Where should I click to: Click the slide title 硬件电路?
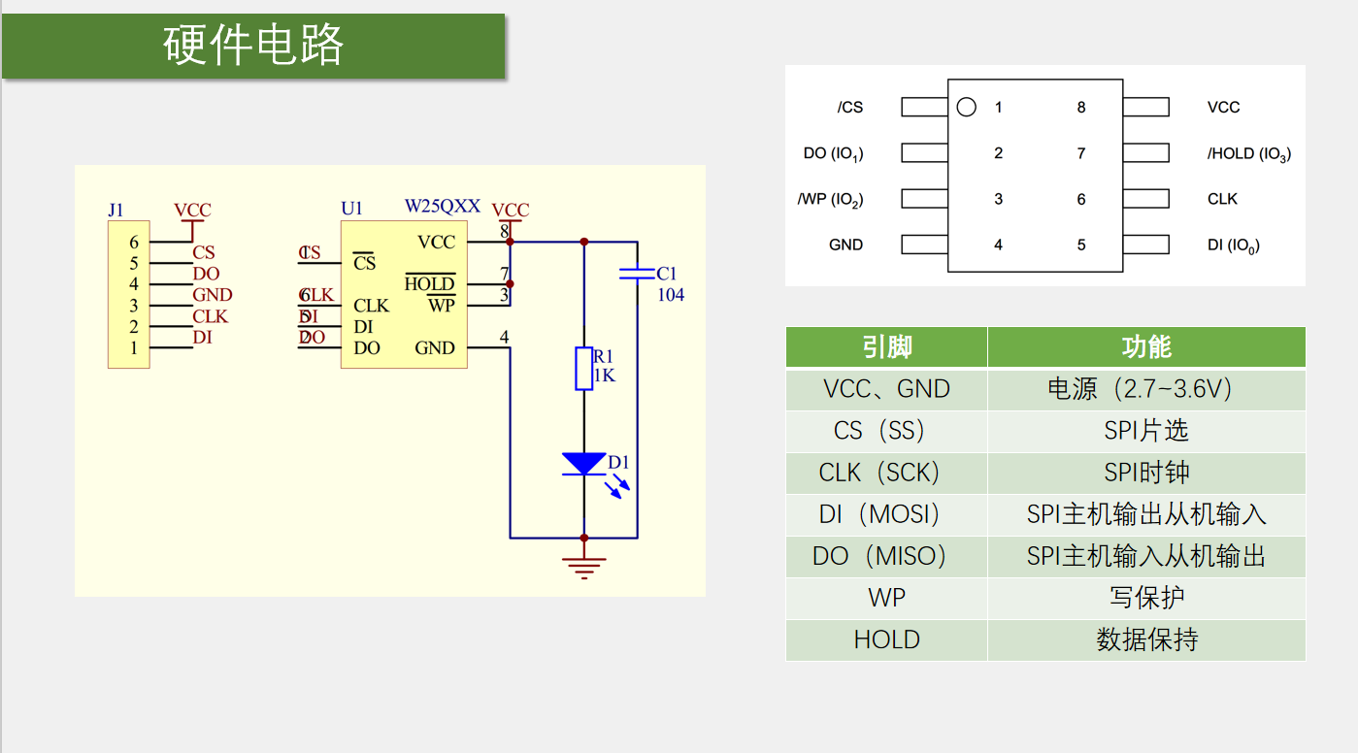[x=253, y=46]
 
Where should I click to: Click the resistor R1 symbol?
[x=583, y=368]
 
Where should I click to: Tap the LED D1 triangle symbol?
[x=583, y=464]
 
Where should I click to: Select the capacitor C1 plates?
[x=637, y=274]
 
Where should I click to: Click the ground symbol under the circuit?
[x=583, y=566]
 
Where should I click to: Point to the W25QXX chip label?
[x=442, y=207]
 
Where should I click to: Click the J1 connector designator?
[x=116, y=210]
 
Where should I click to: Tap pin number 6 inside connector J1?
[x=134, y=243]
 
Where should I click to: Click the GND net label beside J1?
[x=212, y=295]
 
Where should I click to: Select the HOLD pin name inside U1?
[x=429, y=283]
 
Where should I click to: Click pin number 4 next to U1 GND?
[x=504, y=337]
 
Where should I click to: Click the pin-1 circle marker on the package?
[x=966, y=108]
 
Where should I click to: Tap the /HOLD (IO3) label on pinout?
[x=1248, y=153]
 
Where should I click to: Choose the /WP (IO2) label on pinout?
[x=830, y=200]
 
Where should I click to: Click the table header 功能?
[x=1145, y=347]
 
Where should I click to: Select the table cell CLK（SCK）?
[x=885, y=473]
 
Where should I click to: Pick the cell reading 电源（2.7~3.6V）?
[x=1145, y=389]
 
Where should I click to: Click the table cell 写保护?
[x=1145, y=598]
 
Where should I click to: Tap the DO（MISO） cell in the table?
[x=885, y=556]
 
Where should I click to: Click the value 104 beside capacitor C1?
[x=671, y=295]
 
